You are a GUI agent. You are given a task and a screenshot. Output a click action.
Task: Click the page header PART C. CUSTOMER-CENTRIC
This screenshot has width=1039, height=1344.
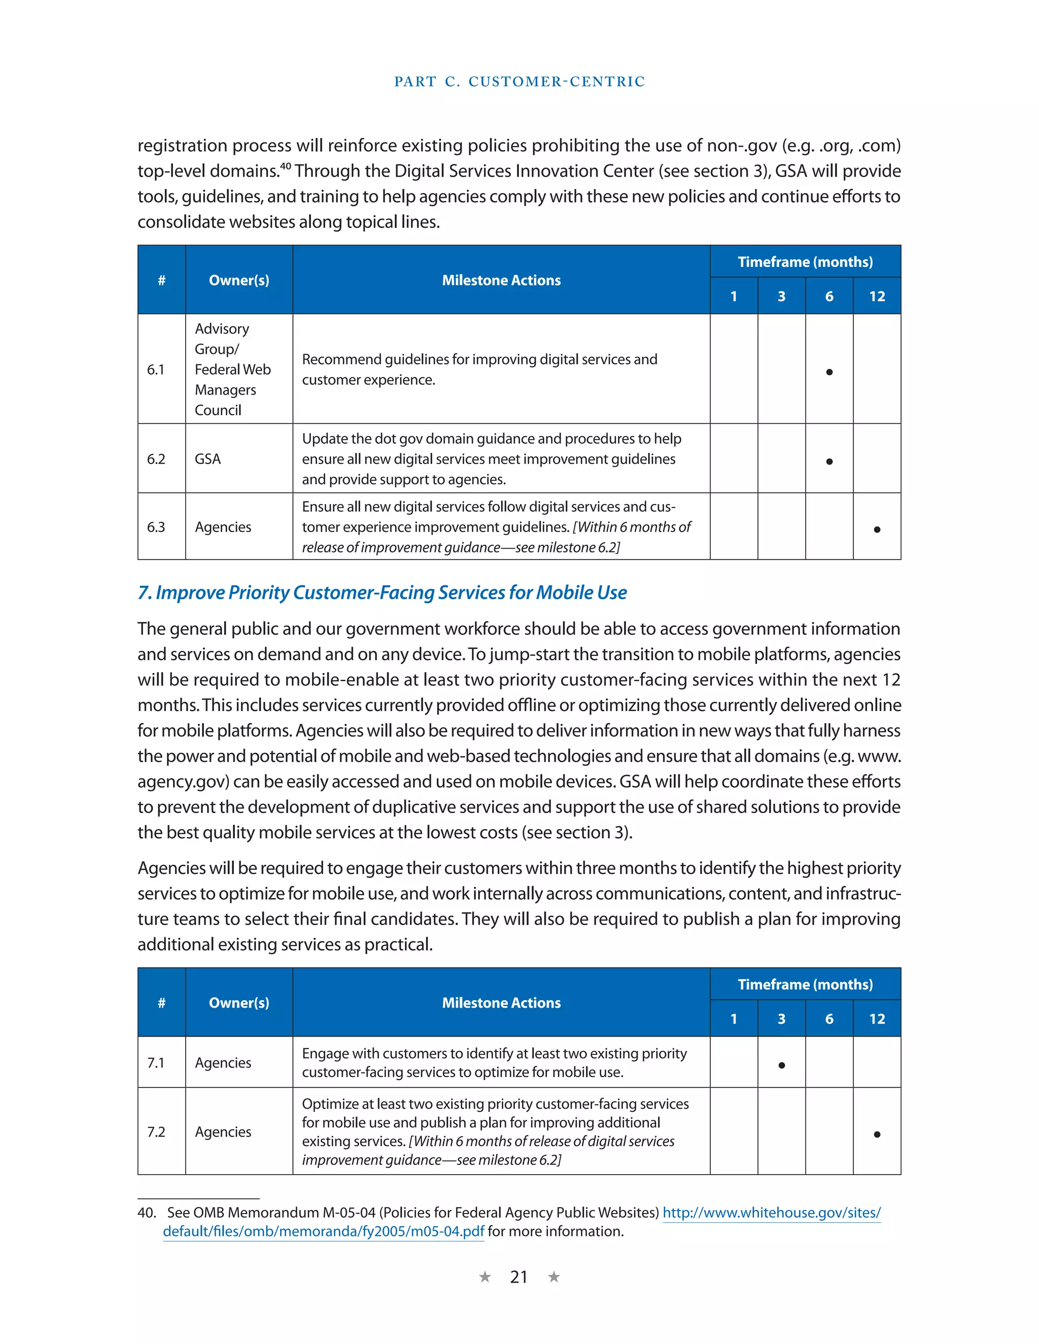[519, 81]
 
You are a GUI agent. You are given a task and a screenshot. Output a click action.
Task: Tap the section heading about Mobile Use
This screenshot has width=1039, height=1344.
[382, 592]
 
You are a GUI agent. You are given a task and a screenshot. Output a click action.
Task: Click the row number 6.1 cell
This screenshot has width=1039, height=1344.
[156, 369]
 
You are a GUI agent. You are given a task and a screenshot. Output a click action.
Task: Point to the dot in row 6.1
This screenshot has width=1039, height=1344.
[829, 372]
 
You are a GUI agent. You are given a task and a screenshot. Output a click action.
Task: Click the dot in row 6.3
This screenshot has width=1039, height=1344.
[877, 529]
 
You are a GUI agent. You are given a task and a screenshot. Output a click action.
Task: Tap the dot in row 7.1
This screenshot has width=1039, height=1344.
[781, 1065]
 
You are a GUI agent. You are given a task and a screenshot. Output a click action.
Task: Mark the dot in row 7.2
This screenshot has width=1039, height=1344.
[877, 1134]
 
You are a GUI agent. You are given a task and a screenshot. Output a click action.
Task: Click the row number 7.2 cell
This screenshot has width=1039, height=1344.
[156, 1131]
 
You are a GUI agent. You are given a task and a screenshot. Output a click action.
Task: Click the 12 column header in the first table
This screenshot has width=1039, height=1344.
[877, 297]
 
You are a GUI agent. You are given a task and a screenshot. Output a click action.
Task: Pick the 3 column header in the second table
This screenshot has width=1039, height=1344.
[781, 1019]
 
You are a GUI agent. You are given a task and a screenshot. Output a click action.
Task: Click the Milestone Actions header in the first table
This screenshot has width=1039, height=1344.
[501, 280]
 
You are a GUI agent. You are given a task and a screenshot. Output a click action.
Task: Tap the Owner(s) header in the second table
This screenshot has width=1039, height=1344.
[239, 1003]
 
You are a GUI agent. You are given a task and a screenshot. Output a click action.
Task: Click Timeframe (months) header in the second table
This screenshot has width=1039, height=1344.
[805, 984]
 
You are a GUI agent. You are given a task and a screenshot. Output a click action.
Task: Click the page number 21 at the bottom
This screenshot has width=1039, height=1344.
[518, 1278]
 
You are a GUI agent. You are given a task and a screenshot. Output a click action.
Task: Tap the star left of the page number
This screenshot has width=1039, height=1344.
[485, 1277]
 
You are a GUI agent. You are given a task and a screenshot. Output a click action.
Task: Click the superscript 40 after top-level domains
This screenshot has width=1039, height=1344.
[285, 165]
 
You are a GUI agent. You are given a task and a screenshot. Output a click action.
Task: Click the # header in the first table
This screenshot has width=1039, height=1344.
[161, 280]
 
